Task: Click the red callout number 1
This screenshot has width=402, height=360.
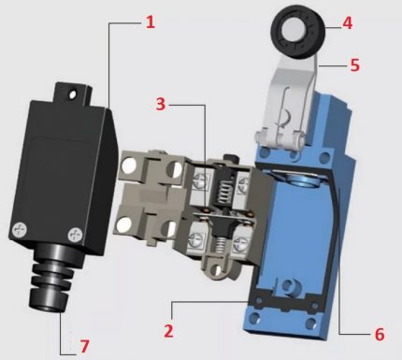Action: [x=151, y=22]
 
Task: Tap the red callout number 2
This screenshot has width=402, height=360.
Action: [x=168, y=331]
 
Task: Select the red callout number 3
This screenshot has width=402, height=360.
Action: [x=161, y=104]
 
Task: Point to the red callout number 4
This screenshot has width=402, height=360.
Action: [x=348, y=23]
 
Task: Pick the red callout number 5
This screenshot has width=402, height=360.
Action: [x=355, y=65]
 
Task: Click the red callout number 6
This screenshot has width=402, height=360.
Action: [x=380, y=334]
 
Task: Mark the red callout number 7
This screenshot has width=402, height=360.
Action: [x=84, y=346]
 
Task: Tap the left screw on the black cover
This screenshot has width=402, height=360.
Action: [x=20, y=230]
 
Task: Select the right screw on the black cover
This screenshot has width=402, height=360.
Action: [x=75, y=235]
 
